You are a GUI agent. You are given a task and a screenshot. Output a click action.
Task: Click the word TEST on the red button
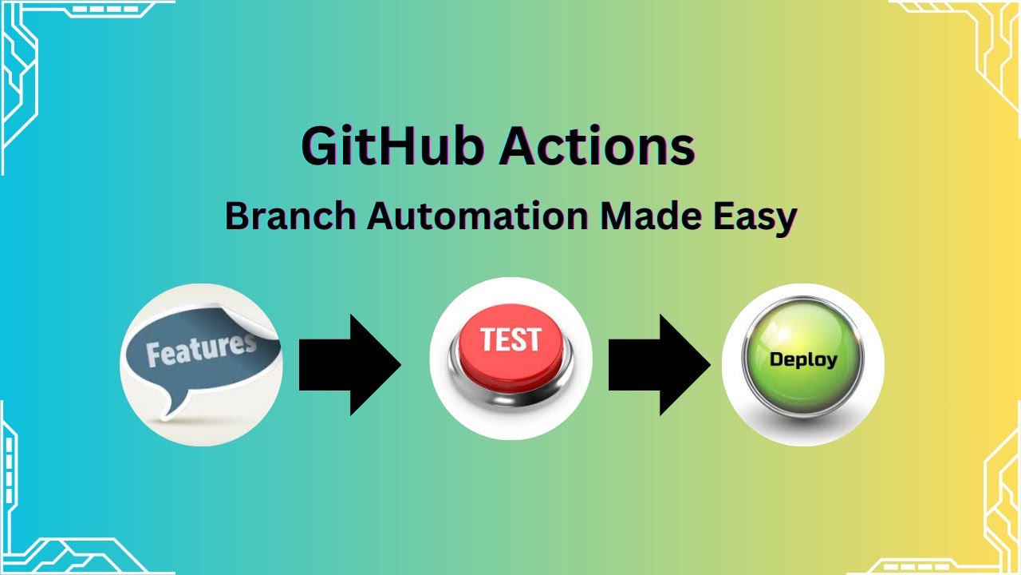pyautogui.click(x=510, y=339)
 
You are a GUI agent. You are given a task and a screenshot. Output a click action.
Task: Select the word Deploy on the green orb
pyautogui.click(x=803, y=359)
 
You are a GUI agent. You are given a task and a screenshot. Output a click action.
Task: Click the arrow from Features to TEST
pyautogui.click(x=349, y=364)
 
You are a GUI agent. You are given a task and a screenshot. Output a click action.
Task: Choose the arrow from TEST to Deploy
pyautogui.click(x=658, y=364)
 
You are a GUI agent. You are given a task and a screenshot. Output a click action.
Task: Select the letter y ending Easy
pyautogui.click(x=785, y=220)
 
